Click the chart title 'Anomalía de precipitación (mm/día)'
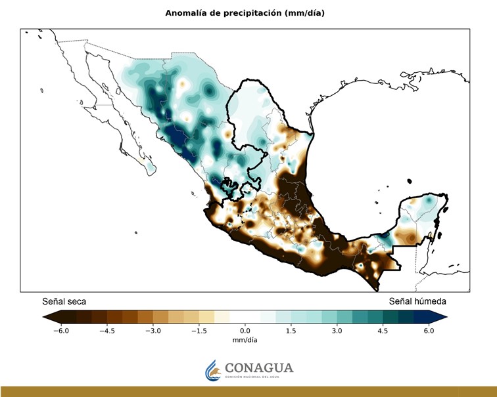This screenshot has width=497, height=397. point(248,12)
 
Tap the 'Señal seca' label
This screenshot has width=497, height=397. point(64,301)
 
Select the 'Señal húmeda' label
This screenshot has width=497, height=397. point(417,301)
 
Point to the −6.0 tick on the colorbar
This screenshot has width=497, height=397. point(60,331)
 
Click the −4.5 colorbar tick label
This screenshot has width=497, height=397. point(106,331)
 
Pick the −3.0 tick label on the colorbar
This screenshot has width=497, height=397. point(153,331)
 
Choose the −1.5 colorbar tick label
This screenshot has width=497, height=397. point(199,331)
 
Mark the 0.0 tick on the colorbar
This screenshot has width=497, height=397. point(245,331)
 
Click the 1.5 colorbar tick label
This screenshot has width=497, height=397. point(291,331)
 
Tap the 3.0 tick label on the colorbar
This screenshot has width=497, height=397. point(337,331)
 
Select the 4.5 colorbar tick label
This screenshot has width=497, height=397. point(383,331)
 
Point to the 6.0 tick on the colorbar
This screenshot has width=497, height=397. point(429,331)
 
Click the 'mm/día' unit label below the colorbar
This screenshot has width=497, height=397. point(245,341)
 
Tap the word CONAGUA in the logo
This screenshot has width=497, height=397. point(259,367)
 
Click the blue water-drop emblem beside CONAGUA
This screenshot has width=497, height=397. point(212,369)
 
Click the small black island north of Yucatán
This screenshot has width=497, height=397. point(409,181)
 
